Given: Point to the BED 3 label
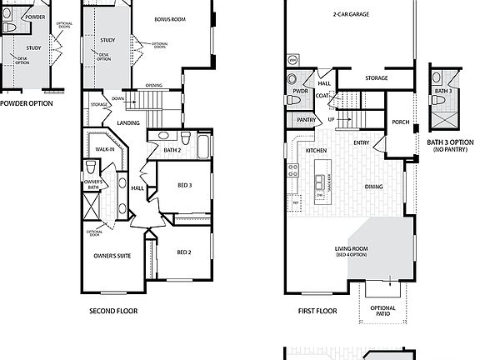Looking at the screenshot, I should (x=185, y=186).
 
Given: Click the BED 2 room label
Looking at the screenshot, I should (x=185, y=252).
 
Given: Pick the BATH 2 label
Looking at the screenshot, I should (x=172, y=150).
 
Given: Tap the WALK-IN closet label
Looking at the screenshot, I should (x=104, y=150).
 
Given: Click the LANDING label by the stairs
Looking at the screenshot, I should (x=128, y=122).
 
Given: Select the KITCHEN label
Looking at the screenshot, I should (x=316, y=150).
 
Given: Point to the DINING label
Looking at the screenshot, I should (x=373, y=187).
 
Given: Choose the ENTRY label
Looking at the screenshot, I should (x=361, y=142).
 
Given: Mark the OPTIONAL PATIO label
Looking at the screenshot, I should (x=382, y=312).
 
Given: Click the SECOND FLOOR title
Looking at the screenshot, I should (x=113, y=311).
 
